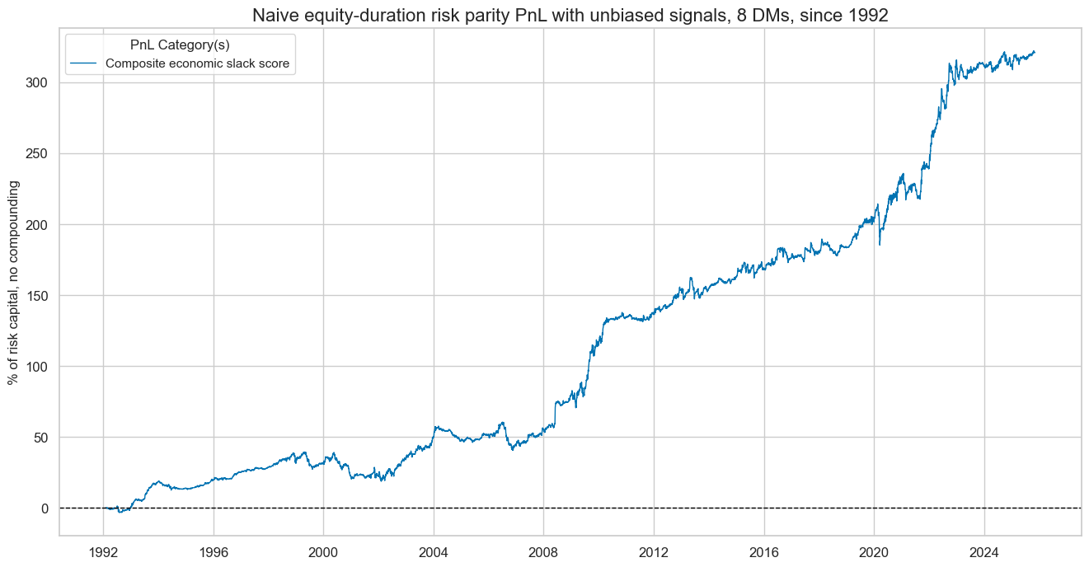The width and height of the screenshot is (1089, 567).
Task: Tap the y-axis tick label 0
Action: point(45,508)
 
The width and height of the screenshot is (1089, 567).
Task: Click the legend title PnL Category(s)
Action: point(180,45)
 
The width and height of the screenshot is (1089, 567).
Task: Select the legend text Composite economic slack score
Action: point(190,64)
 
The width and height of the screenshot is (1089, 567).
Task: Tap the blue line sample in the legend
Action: point(84,64)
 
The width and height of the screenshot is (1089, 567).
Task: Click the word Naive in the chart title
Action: point(273,16)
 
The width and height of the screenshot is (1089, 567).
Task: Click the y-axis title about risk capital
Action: point(14,283)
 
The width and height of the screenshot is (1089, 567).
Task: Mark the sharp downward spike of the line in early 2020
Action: point(880,244)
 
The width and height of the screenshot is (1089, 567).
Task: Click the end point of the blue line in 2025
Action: point(1035,52)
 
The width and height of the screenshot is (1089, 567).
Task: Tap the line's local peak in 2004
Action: point(435,426)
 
